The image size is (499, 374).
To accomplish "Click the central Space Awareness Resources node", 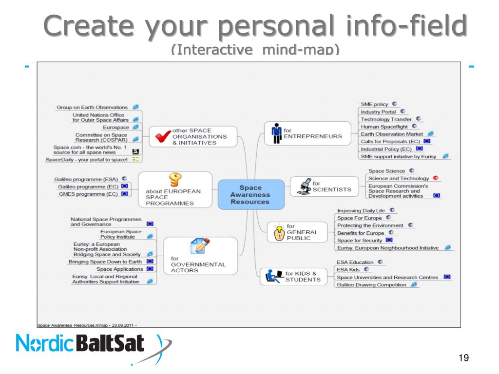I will tap(250, 195).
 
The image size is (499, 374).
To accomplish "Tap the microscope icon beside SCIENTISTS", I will tap(302, 186).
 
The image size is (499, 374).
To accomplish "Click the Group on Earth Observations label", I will tap(92, 107).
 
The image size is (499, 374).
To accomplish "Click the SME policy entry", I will tap(374, 104).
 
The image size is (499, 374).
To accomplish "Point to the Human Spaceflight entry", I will tap(384, 126).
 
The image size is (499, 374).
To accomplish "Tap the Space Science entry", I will tap(386, 171).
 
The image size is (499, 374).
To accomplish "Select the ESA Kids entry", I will tap(348, 269).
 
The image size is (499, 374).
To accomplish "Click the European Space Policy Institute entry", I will tap(121, 234).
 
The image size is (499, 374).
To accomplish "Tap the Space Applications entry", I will tap(119, 269).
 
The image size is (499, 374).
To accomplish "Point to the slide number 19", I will tap(464, 358).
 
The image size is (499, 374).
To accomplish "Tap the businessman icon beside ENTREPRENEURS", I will tap(276, 133).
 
